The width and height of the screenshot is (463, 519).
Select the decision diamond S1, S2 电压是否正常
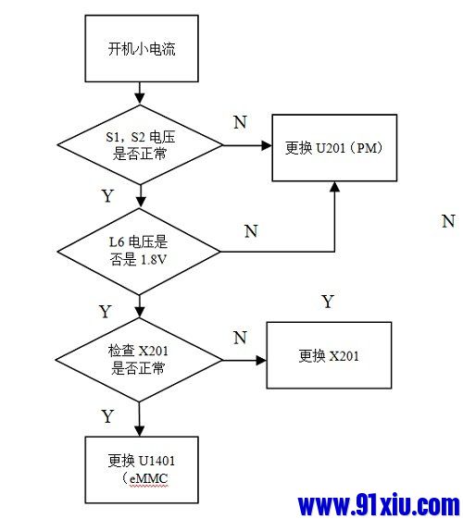pyautogui.click(x=139, y=145)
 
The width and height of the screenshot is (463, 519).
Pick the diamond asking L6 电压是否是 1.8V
pyautogui.click(x=139, y=250)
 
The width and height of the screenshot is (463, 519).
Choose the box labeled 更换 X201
pyautogui.click(x=329, y=356)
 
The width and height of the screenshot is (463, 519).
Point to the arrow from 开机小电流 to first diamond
pyautogui.click(x=139, y=92)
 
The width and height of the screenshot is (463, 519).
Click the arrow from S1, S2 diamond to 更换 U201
pyautogui.click(x=245, y=146)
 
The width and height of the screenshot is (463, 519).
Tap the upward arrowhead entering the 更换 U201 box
pyautogui.click(x=334, y=188)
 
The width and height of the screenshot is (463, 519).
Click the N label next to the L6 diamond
pyautogui.click(x=251, y=231)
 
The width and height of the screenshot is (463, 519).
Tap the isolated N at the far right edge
pyautogui.click(x=448, y=221)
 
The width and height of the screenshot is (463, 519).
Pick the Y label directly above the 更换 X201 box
pyautogui.click(x=327, y=302)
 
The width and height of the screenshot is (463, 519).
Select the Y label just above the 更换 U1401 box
pyautogui.click(x=107, y=416)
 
